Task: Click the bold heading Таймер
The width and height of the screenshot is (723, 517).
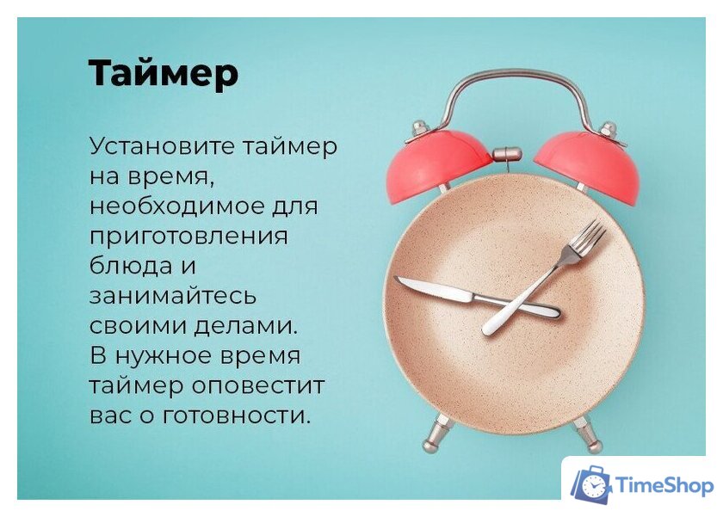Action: tap(163, 74)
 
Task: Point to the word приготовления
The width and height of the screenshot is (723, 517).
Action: tap(188, 237)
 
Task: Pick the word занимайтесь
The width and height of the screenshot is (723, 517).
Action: tap(173, 296)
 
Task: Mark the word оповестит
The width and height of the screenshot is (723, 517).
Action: tap(267, 385)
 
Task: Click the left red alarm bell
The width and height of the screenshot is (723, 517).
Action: tap(439, 163)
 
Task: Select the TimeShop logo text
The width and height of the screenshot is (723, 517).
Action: tap(665, 486)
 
